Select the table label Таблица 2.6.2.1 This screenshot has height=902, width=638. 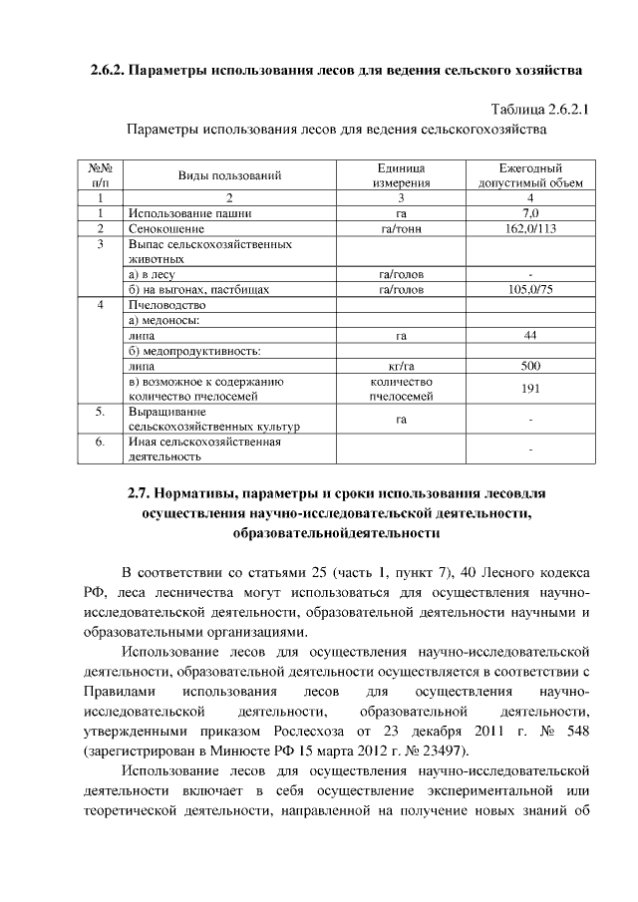[x=539, y=108]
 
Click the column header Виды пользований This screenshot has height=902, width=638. [x=229, y=175]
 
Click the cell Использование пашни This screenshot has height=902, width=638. [x=189, y=213]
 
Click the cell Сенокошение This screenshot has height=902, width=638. [x=165, y=228]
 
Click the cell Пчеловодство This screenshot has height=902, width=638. [x=166, y=305]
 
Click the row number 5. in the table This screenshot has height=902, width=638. [x=101, y=411]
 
